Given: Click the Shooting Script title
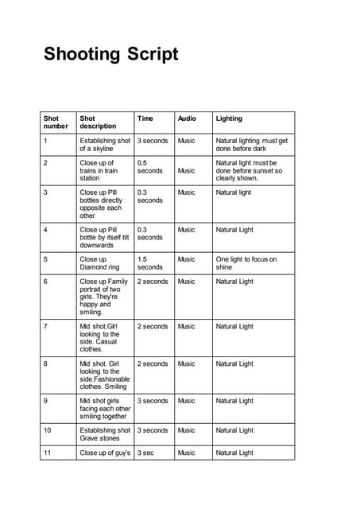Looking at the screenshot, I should tap(111, 54).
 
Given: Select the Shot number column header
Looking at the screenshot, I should tap(56, 122).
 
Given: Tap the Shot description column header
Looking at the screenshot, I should tap(98, 122).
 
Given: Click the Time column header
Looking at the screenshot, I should tap(145, 119).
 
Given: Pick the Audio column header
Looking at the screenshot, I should tap(187, 119).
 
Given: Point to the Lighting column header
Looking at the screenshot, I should tap(230, 119).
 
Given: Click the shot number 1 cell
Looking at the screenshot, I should tap(46, 141).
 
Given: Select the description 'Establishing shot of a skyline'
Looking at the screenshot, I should tap(105, 144).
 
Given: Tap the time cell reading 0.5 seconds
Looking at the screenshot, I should tap(149, 166).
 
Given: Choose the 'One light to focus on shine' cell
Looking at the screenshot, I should tap(246, 263).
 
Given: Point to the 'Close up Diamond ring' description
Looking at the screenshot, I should tap(99, 263).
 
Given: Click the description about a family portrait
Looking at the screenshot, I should tap(103, 297).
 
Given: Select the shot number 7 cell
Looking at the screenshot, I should tap(46, 326).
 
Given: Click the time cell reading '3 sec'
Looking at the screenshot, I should tap(145, 453).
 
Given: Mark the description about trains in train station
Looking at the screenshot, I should tap(99, 170).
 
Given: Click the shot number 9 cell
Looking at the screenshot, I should tap(46, 401).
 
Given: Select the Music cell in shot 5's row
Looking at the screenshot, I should tap(186, 259).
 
